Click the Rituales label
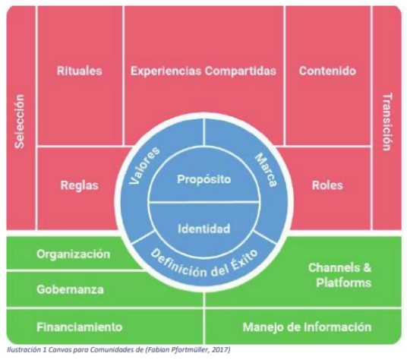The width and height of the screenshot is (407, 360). pyautogui.click(x=80, y=71)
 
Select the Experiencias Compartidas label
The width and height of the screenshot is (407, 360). pyautogui.click(x=204, y=71)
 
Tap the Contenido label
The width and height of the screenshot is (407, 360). pyautogui.click(x=327, y=71)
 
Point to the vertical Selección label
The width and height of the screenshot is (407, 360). pyautogui.click(x=20, y=122)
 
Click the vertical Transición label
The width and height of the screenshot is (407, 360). pyautogui.click(x=387, y=122)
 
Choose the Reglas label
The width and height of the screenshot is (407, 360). pyautogui.click(x=80, y=185)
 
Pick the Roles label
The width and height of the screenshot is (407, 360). pyautogui.click(x=327, y=185)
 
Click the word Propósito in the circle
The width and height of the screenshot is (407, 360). pyautogui.click(x=204, y=179)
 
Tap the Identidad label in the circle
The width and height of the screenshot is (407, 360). pyautogui.click(x=204, y=229)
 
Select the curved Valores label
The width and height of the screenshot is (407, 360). pyautogui.click(x=144, y=166)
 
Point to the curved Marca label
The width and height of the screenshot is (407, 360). pyautogui.click(x=266, y=170)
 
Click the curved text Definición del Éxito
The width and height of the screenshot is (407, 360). pyautogui.click(x=204, y=265)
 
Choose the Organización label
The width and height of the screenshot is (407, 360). pyautogui.click(x=74, y=254)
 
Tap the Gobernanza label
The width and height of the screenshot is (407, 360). pyautogui.click(x=70, y=289)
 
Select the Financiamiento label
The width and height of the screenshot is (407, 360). pyautogui.click(x=80, y=327)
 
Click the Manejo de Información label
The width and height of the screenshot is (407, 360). pyautogui.click(x=307, y=327)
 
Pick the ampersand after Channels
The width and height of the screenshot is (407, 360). pyautogui.click(x=368, y=267)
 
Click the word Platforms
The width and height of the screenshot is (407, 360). pyautogui.click(x=344, y=283)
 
